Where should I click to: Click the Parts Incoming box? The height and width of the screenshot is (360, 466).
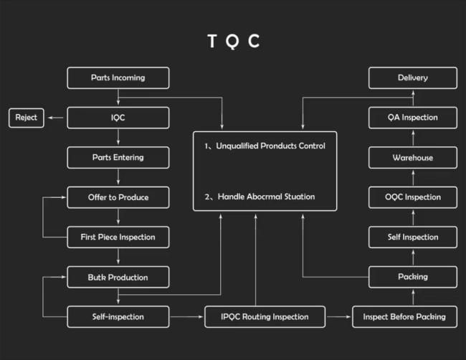[118, 78]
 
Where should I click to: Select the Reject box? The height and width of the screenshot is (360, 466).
[27, 118]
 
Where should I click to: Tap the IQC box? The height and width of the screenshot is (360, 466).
[118, 118]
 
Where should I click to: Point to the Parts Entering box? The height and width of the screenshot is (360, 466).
[118, 158]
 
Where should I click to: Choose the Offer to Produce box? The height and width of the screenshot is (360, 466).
[118, 197]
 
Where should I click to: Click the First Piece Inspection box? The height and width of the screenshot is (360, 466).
[118, 237]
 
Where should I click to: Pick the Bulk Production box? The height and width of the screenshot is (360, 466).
[118, 277]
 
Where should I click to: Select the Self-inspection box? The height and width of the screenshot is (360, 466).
[118, 317]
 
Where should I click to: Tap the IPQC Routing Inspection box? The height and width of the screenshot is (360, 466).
[265, 317]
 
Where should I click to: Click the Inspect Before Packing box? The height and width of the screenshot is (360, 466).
[404, 317]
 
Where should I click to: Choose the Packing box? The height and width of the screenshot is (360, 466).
[413, 277]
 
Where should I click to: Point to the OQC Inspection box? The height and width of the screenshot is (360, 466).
[413, 197]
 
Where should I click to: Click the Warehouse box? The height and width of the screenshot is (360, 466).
[413, 158]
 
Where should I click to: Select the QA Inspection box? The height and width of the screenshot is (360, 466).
[413, 118]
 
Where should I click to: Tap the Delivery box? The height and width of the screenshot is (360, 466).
[413, 78]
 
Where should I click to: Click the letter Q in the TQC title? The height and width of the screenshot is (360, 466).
[232, 42]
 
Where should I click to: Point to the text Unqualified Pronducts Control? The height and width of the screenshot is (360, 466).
[270, 146]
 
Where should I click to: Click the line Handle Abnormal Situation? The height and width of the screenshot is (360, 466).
[266, 196]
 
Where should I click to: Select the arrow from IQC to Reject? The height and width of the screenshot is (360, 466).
[56, 118]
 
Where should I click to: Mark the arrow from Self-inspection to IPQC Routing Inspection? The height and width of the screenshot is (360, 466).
[187, 317]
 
